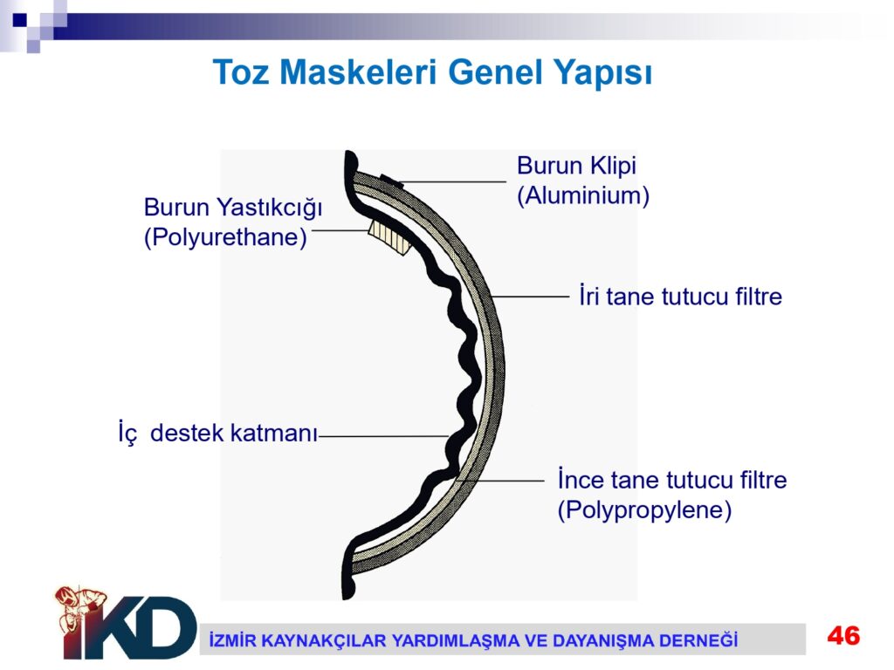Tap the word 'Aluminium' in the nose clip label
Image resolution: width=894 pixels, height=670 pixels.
pyautogui.click(x=583, y=195)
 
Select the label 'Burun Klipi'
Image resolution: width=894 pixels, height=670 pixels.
pyautogui.click(x=576, y=166)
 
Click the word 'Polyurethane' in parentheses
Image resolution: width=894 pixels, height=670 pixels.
pyautogui.click(x=225, y=237)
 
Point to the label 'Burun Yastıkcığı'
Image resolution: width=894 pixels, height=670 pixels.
pyautogui.click(x=232, y=208)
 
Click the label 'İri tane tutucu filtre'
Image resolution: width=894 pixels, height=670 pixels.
pyautogui.click(x=681, y=297)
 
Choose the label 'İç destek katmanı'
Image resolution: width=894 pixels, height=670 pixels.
pyautogui.click(x=217, y=433)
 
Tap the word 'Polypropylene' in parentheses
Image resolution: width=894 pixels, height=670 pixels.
pyautogui.click(x=644, y=509)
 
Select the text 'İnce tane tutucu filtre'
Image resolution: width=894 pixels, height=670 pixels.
pyautogui.click(x=672, y=480)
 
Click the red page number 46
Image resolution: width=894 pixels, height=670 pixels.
pyautogui.click(x=844, y=636)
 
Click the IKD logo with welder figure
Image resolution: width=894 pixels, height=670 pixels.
pyautogui.click(x=126, y=623)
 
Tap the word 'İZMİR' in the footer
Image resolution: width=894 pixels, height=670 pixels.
pyautogui.click(x=230, y=640)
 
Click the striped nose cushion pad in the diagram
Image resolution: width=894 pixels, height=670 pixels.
pyautogui.click(x=390, y=236)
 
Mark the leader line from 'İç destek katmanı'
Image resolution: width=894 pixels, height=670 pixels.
pyautogui.click(x=384, y=436)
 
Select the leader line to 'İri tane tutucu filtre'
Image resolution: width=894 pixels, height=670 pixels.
pyautogui.click(x=530, y=297)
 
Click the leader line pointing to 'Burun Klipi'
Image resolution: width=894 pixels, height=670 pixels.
pyautogui.click(x=454, y=181)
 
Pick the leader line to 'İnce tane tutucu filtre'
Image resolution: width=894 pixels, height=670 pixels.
pyautogui.click(x=500, y=481)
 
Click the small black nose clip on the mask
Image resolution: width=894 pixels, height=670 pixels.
pyautogui.click(x=392, y=181)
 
